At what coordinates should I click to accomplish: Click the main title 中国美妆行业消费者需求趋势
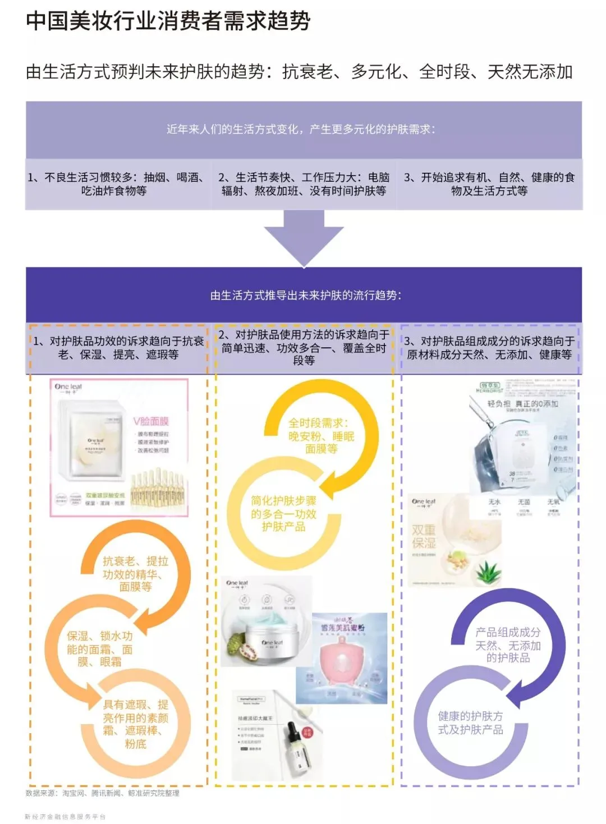(x=168, y=21)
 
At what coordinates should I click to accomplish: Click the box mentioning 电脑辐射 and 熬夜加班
(x=304, y=184)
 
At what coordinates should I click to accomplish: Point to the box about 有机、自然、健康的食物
(x=489, y=184)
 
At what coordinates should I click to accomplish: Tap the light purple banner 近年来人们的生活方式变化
(x=304, y=129)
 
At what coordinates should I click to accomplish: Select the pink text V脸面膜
(x=151, y=421)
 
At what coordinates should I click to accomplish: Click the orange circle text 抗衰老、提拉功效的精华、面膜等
(x=135, y=573)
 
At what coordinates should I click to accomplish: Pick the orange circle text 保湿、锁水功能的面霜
(x=99, y=649)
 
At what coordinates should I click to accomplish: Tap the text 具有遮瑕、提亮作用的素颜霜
(x=135, y=724)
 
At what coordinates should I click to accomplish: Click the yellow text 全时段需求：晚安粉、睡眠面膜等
(x=321, y=436)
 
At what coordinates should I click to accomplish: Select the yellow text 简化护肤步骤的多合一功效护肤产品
(x=283, y=513)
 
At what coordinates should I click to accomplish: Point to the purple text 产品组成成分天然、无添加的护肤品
(x=508, y=645)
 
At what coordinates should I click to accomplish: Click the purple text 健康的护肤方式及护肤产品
(x=470, y=722)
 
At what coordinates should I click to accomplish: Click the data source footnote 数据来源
(x=103, y=793)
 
